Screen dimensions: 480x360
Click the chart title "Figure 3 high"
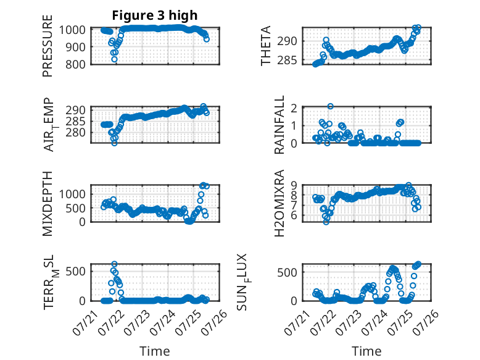pyautogui.click(x=155, y=15)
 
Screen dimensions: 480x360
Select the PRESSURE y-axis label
pyautogui.click(x=48, y=46)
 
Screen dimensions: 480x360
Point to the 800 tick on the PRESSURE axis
pyautogui.click(x=76, y=65)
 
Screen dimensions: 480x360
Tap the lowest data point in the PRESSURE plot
pyautogui.click(x=114, y=59)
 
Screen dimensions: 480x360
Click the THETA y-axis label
pyautogui.click(x=266, y=46)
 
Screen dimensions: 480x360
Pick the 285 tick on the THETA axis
pyautogui.click(x=287, y=61)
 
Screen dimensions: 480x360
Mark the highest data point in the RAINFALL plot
pyautogui.click(x=330, y=106)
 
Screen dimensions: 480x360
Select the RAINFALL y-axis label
pyautogui.click(x=279, y=125)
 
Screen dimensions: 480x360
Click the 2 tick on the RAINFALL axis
pyautogui.click(x=294, y=108)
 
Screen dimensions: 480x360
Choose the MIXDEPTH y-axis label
pyautogui.click(x=48, y=204)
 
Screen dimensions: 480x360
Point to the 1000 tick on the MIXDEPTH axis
pyautogui.click(x=72, y=194)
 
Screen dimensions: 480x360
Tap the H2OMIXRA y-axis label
pyautogui.click(x=279, y=203)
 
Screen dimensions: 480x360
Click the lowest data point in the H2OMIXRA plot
pyautogui.click(x=326, y=222)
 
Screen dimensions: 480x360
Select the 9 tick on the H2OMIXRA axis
pyautogui.click(x=294, y=185)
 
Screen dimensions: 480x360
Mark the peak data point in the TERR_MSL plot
pyautogui.click(x=114, y=264)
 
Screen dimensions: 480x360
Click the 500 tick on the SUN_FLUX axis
pyautogui.click(x=287, y=272)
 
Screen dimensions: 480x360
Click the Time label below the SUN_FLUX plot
pyautogui.click(x=366, y=351)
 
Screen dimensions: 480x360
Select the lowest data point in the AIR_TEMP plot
pyautogui.click(x=114, y=143)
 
